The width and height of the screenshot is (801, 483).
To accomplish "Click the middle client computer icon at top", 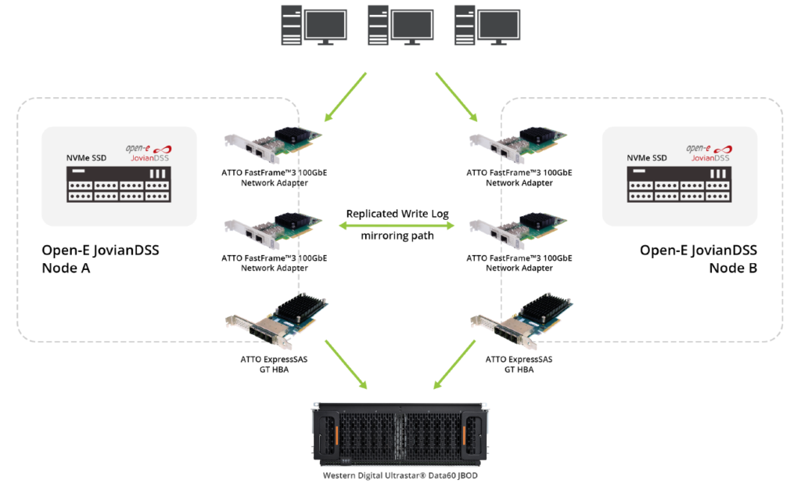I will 400,26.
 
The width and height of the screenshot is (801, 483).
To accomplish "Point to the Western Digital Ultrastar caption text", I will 400,475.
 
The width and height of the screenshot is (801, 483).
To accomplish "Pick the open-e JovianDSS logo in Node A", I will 148,153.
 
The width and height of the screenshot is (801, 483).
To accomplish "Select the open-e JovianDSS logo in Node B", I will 708,153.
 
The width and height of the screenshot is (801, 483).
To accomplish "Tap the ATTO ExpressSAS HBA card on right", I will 520,320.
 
